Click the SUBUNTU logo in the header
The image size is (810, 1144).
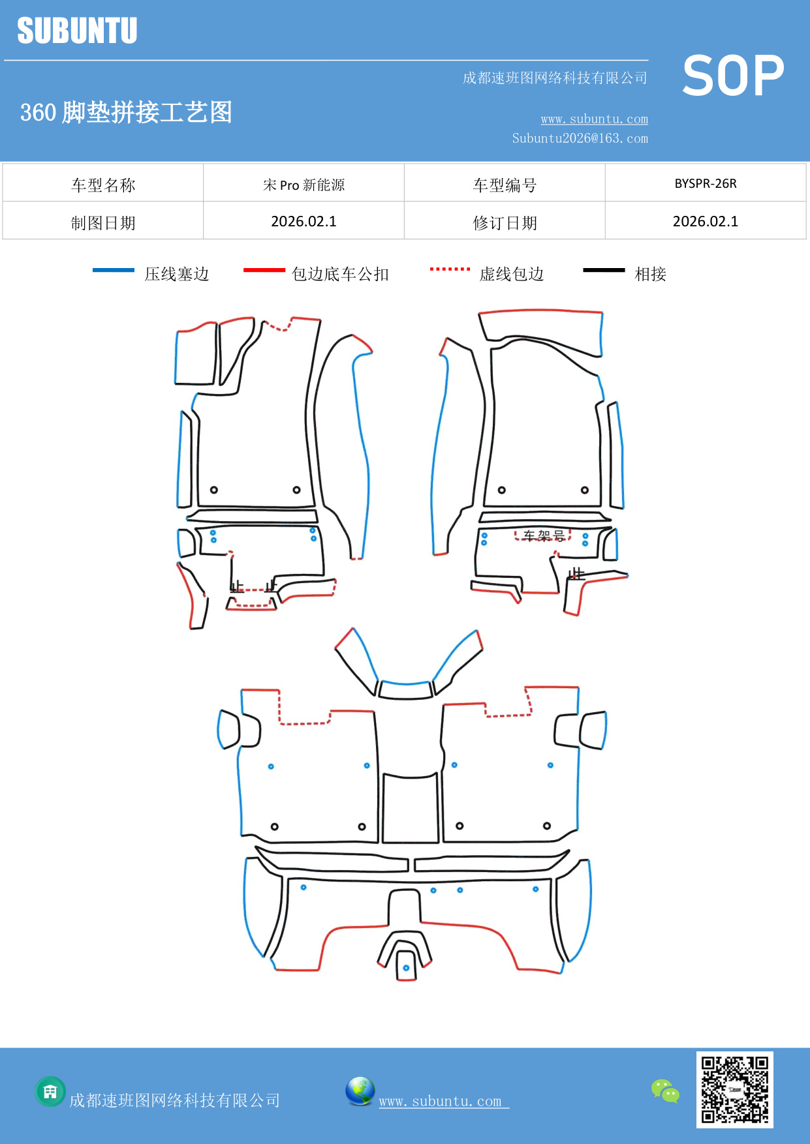pos(77,31)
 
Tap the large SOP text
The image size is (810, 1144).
pos(733,76)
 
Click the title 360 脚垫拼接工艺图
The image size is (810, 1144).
pos(126,112)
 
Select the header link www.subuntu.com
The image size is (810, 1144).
pos(594,119)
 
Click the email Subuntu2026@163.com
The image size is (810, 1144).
pos(580,138)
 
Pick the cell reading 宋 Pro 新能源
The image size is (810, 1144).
pos(304,185)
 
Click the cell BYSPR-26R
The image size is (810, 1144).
pos(705,184)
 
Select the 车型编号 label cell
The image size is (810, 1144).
pos(505,185)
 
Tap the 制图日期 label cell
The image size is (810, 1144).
pos(103,223)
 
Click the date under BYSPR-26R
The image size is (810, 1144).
pos(705,222)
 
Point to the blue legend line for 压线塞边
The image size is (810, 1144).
pos(113,270)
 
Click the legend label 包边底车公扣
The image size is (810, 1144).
pos(340,274)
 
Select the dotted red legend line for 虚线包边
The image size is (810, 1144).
pos(450,269)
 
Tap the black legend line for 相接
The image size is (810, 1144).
pos(604,270)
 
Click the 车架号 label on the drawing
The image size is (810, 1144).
pos(544,535)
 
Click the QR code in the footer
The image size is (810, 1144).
pos(734,1089)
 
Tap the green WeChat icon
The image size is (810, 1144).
pos(665,1091)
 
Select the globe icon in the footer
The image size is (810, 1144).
pos(360,1091)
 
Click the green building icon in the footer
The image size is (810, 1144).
pos(50,1091)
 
